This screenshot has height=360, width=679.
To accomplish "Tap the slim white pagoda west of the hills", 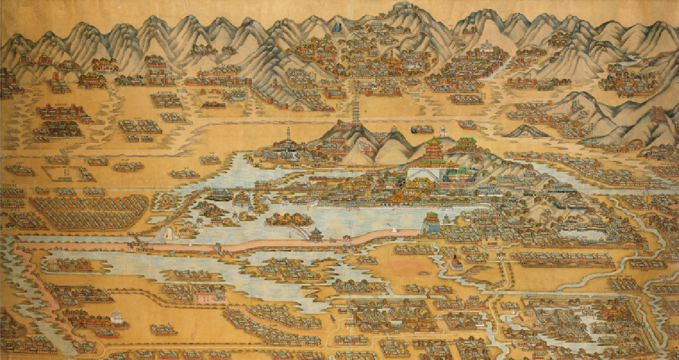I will click(x=288, y=136).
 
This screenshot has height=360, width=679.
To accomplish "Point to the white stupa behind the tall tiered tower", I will click(x=443, y=131).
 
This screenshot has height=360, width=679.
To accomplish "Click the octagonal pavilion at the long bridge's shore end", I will click(x=315, y=235).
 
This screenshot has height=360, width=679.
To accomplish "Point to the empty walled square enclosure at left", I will click(x=60, y=173).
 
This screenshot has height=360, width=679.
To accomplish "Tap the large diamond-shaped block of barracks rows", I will click(x=90, y=212).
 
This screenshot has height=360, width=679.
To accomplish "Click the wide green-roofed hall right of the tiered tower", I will click(x=464, y=145).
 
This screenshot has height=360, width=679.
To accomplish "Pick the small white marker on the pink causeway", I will click(x=189, y=245).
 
